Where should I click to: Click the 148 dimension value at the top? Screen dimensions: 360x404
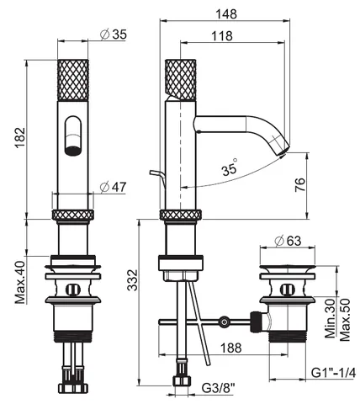tap(226, 14)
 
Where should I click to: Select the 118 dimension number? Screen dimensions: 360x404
tap(222, 36)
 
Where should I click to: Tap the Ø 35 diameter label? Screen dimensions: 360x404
tap(114, 35)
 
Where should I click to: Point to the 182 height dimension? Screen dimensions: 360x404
tap(20, 138)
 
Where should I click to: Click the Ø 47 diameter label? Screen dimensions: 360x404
tap(114, 187)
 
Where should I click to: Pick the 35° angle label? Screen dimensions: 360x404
tap(230, 168)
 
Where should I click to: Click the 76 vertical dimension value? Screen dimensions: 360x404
tap(299, 184)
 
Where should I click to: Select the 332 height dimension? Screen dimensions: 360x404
tap(132, 280)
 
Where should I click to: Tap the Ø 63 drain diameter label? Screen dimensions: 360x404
tap(288, 241)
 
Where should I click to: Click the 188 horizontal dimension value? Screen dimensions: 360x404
tap(230, 348)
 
